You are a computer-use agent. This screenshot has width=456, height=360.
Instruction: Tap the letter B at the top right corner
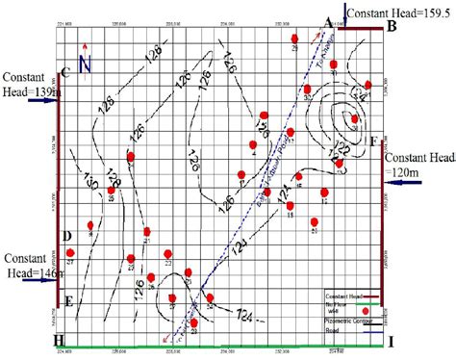pos(392,26)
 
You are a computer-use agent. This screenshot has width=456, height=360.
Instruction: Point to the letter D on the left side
pos(66,235)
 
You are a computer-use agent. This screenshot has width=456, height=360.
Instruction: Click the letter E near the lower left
pos(69,300)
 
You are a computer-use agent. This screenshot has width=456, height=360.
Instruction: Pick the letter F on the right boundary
pos(373,140)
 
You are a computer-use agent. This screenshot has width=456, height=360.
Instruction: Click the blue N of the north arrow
pos(84,64)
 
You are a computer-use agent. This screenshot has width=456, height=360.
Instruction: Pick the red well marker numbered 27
pos(70,253)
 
